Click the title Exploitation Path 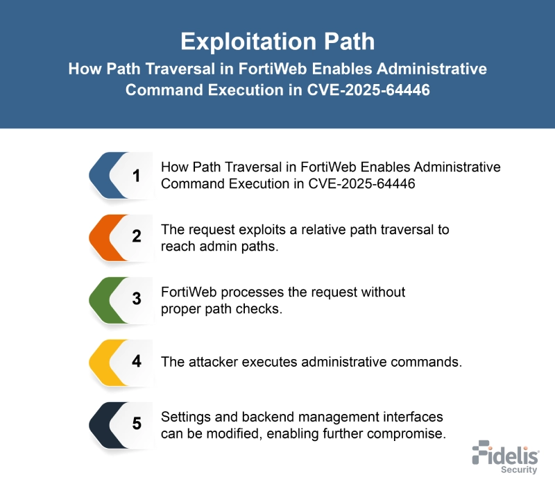pos(277,41)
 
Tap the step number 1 pos(136,176)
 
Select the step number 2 pos(136,237)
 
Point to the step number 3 pos(136,299)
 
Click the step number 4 pos(136,362)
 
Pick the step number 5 pos(136,424)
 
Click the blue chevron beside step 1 pos(101,176)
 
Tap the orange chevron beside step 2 pos(101,237)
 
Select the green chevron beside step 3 pos(101,299)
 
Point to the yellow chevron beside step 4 pos(101,362)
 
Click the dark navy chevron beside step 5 pos(101,424)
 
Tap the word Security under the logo pos(519,469)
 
